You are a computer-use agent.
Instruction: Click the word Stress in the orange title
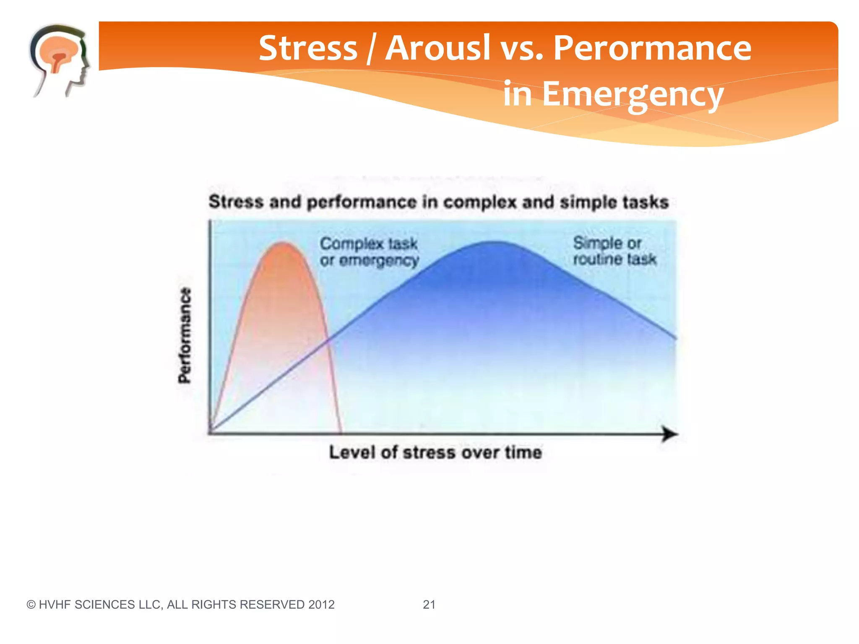[307, 48]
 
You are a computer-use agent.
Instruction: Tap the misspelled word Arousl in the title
[437, 48]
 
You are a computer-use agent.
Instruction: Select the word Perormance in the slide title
[652, 48]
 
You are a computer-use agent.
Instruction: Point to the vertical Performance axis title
[185, 335]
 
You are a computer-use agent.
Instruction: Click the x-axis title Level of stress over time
[435, 452]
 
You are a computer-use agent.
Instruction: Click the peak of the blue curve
[495, 242]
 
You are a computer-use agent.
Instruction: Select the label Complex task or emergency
[369, 252]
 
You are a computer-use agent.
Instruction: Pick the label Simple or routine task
[614, 251]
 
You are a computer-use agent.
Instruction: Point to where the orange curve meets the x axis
[340, 432]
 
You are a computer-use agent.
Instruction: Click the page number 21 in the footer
[429, 605]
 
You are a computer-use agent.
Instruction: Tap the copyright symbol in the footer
[31, 605]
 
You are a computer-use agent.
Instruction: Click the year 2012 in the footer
[321, 605]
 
